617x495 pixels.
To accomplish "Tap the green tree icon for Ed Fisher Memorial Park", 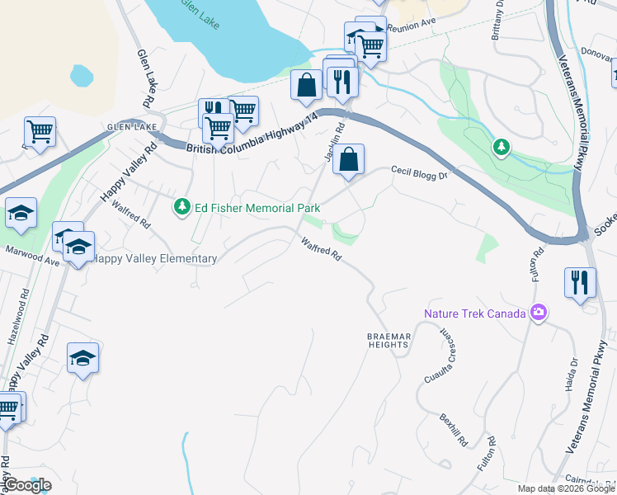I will (x=181, y=207).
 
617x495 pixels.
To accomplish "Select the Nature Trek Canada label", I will (x=474, y=313).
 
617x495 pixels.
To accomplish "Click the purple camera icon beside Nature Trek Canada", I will (x=539, y=312).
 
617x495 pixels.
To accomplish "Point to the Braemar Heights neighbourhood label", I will (x=388, y=340).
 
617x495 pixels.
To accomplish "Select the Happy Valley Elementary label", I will (x=155, y=258).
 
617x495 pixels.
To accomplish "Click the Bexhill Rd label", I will (x=454, y=427).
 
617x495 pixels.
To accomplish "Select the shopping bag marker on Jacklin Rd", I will (x=349, y=158).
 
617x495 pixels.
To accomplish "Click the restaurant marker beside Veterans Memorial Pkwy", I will (x=580, y=281).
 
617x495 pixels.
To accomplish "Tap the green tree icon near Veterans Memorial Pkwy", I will (x=500, y=147).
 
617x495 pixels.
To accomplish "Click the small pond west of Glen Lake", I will (x=82, y=76).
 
